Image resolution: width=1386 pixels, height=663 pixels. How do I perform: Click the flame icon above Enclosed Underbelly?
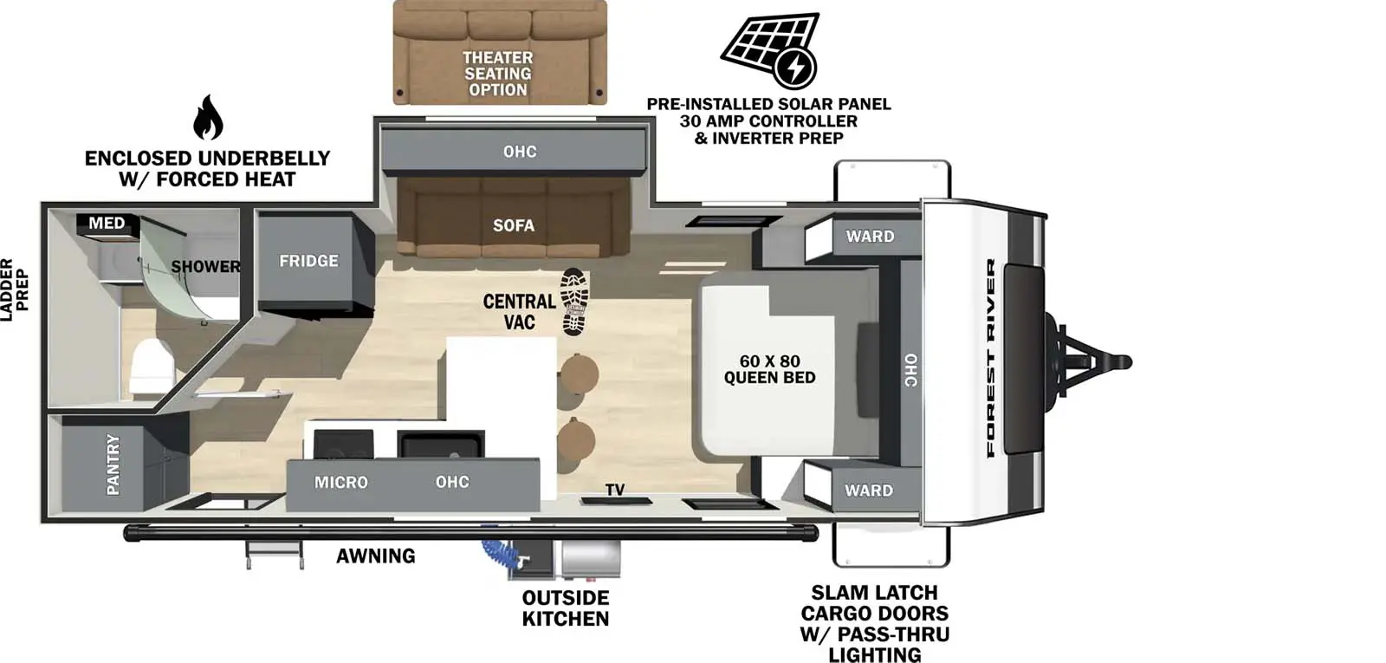click(208, 118)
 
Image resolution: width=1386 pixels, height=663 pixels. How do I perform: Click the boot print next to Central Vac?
click(573, 302)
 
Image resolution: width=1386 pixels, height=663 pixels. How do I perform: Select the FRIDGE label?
click(308, 261)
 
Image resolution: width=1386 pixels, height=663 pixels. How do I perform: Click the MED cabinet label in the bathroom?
click(107, 224)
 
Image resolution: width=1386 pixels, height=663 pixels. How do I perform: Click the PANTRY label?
click(113, 465)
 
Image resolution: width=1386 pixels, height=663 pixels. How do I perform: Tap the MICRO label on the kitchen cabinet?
click(340, 482)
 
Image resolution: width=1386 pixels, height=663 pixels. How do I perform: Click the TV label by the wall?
click(615, 490)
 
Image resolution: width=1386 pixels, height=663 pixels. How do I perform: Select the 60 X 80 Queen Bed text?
click(769, 369)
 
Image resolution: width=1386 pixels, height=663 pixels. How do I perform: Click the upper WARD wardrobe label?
click(870, 237)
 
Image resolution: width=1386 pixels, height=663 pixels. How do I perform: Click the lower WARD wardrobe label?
click(869, 491)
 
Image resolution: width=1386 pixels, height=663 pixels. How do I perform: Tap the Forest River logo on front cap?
click(991, 358)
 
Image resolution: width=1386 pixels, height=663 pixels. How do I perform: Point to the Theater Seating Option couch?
click(500, 52)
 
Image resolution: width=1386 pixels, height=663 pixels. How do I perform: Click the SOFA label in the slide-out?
click(514, 225)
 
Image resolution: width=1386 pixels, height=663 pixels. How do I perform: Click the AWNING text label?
click(376, 556)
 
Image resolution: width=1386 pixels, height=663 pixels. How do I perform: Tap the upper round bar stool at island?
click(579, 373)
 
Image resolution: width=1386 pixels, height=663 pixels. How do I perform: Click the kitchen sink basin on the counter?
click(440, 445)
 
